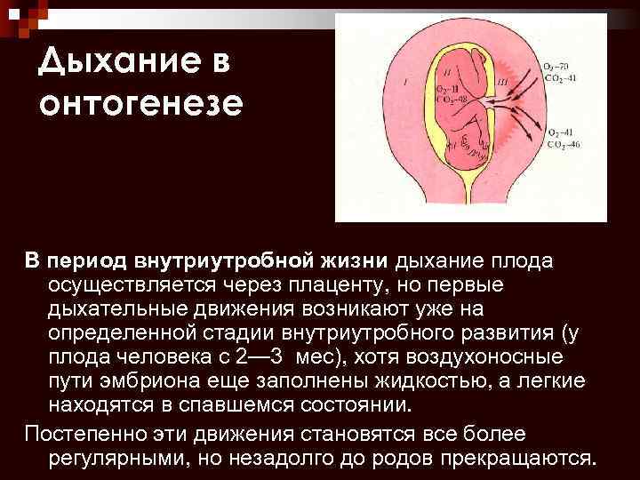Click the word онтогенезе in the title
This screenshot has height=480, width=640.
pyautogui.click(x=140, y=103)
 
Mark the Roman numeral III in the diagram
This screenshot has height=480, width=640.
pyautogui.click(x=504, y=83)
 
